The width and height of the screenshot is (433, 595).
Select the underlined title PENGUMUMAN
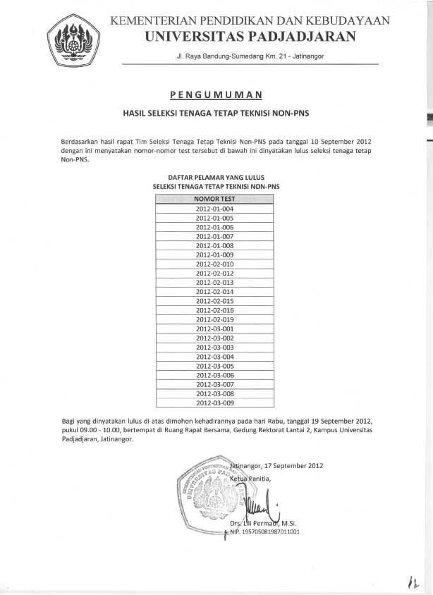[x=216, y=94]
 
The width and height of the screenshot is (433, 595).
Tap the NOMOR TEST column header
[x=214, y=200]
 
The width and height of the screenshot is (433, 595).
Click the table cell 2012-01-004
[x=214, y=209]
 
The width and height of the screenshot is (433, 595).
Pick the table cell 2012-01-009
[x=214, y=254]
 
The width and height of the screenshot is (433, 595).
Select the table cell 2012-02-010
[x=214, y=264]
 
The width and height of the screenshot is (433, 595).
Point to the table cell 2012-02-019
[x=214, y=319]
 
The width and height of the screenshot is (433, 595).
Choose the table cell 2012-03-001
[x=214, y=329]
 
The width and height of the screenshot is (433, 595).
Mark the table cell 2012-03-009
[x=214, y=403]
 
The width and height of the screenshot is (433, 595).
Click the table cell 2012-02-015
[x=214, y=301]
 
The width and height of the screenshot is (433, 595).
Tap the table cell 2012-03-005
[x=214, y=366]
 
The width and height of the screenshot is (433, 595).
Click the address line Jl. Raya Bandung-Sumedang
[x=250, y=56]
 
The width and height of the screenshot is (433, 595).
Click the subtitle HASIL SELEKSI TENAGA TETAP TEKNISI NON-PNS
[x=216, y=112]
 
